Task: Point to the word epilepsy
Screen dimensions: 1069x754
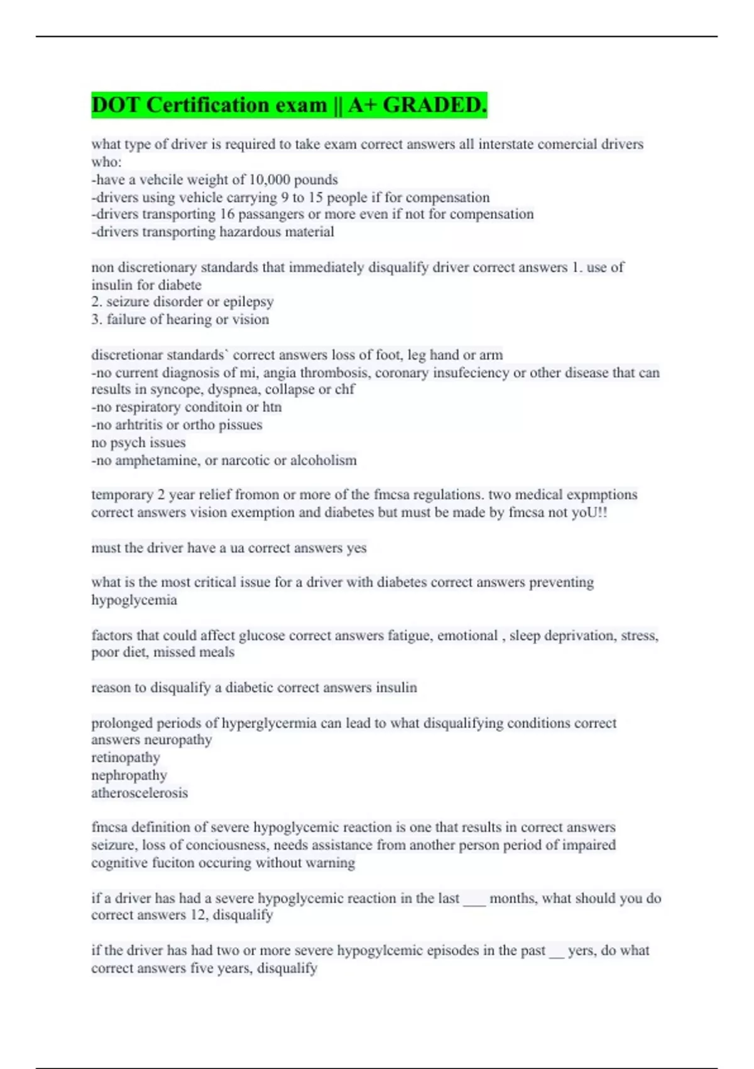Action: (248, 302)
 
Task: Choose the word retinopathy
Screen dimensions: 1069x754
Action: (126, 758)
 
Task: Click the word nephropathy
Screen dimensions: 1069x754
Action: (129, 775)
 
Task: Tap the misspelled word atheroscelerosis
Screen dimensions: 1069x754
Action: (139, 793)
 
